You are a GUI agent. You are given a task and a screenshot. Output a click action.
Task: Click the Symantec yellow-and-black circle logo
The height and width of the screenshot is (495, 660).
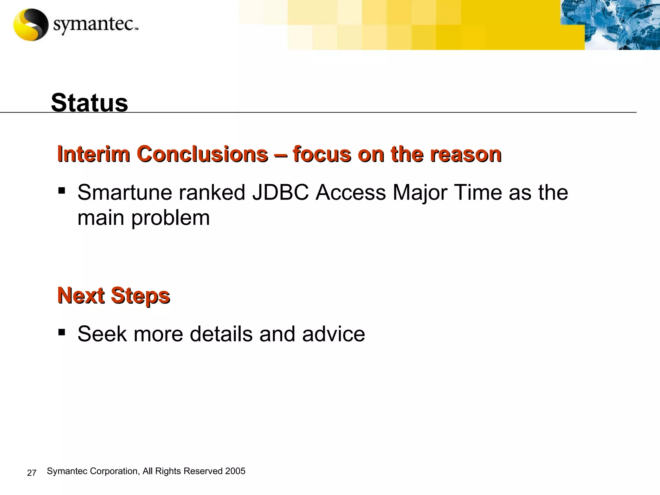tap(31, 25)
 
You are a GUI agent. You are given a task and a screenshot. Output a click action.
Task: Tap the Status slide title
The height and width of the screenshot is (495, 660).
tap(89, 102)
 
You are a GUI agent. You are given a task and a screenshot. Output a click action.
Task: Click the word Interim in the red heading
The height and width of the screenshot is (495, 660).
tap(93, 154)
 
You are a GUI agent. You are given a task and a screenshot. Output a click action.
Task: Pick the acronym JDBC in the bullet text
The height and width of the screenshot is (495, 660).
tap(280, 192)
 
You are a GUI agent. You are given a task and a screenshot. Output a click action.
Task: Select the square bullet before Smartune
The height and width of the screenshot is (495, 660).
tap(62, 190)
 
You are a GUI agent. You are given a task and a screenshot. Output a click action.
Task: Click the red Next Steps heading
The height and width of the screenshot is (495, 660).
tap(113, 296)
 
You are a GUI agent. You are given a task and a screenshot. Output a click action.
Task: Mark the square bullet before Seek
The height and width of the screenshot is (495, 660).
tap(62, 332)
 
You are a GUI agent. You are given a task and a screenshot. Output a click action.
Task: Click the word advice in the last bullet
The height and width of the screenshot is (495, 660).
tap(333, 334)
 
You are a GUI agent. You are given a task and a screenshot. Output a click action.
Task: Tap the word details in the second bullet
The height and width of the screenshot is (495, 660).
tap(221, 334)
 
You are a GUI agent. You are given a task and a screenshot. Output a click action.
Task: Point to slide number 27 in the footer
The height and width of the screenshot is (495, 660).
tap(32, 473)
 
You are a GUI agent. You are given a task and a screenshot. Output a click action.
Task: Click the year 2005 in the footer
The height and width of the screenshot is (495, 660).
tap(235, 471)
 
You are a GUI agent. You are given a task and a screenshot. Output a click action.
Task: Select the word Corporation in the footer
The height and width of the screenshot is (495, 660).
tap(114, 471)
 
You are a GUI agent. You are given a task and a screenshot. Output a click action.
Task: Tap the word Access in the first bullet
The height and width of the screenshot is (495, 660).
tap(350, 192)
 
